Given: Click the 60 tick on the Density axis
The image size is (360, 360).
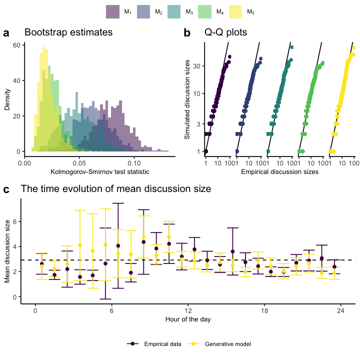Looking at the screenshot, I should (x=16, y=44).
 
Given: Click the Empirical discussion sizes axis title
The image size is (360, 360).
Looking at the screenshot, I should (x=280, y=172).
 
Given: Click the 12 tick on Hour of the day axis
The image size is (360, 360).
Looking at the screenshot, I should (x=187, y=310).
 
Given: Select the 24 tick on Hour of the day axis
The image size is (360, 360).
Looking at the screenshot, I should (x=340, y=310).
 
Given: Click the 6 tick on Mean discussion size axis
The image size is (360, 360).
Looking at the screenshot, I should (x=16, y=221).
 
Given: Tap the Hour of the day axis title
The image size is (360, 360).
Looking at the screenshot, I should (x=187, y=319).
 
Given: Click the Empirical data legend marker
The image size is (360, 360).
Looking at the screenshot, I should (x=133, y=344).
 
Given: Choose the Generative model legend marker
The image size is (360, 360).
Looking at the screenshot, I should (x=193, y=344).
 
